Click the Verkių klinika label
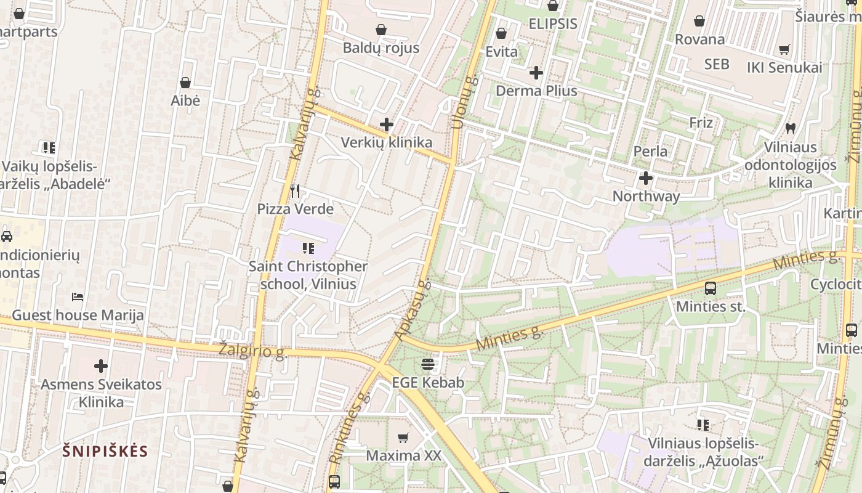coord(387,142)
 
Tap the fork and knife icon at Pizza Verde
coord(295,191)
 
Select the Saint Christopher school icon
coord(308,248)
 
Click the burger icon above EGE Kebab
coord(428,364)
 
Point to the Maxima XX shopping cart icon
coord(403,438)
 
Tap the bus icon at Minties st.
coord(710,288)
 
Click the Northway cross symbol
coord(646,179)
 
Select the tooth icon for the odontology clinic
coord(791,129)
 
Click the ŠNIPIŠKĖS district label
coord(105,450)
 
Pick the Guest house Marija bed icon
coord(78,297)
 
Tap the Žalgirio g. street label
coord(253,351)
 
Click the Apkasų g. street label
coord(413,311)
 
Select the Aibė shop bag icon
coord(185,83)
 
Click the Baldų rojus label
coord(381,48)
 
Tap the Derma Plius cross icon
coord(536,73)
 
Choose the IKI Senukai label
coord(784,67)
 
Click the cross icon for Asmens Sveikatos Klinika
coord(101,367)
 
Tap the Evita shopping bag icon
coord(501,33)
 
